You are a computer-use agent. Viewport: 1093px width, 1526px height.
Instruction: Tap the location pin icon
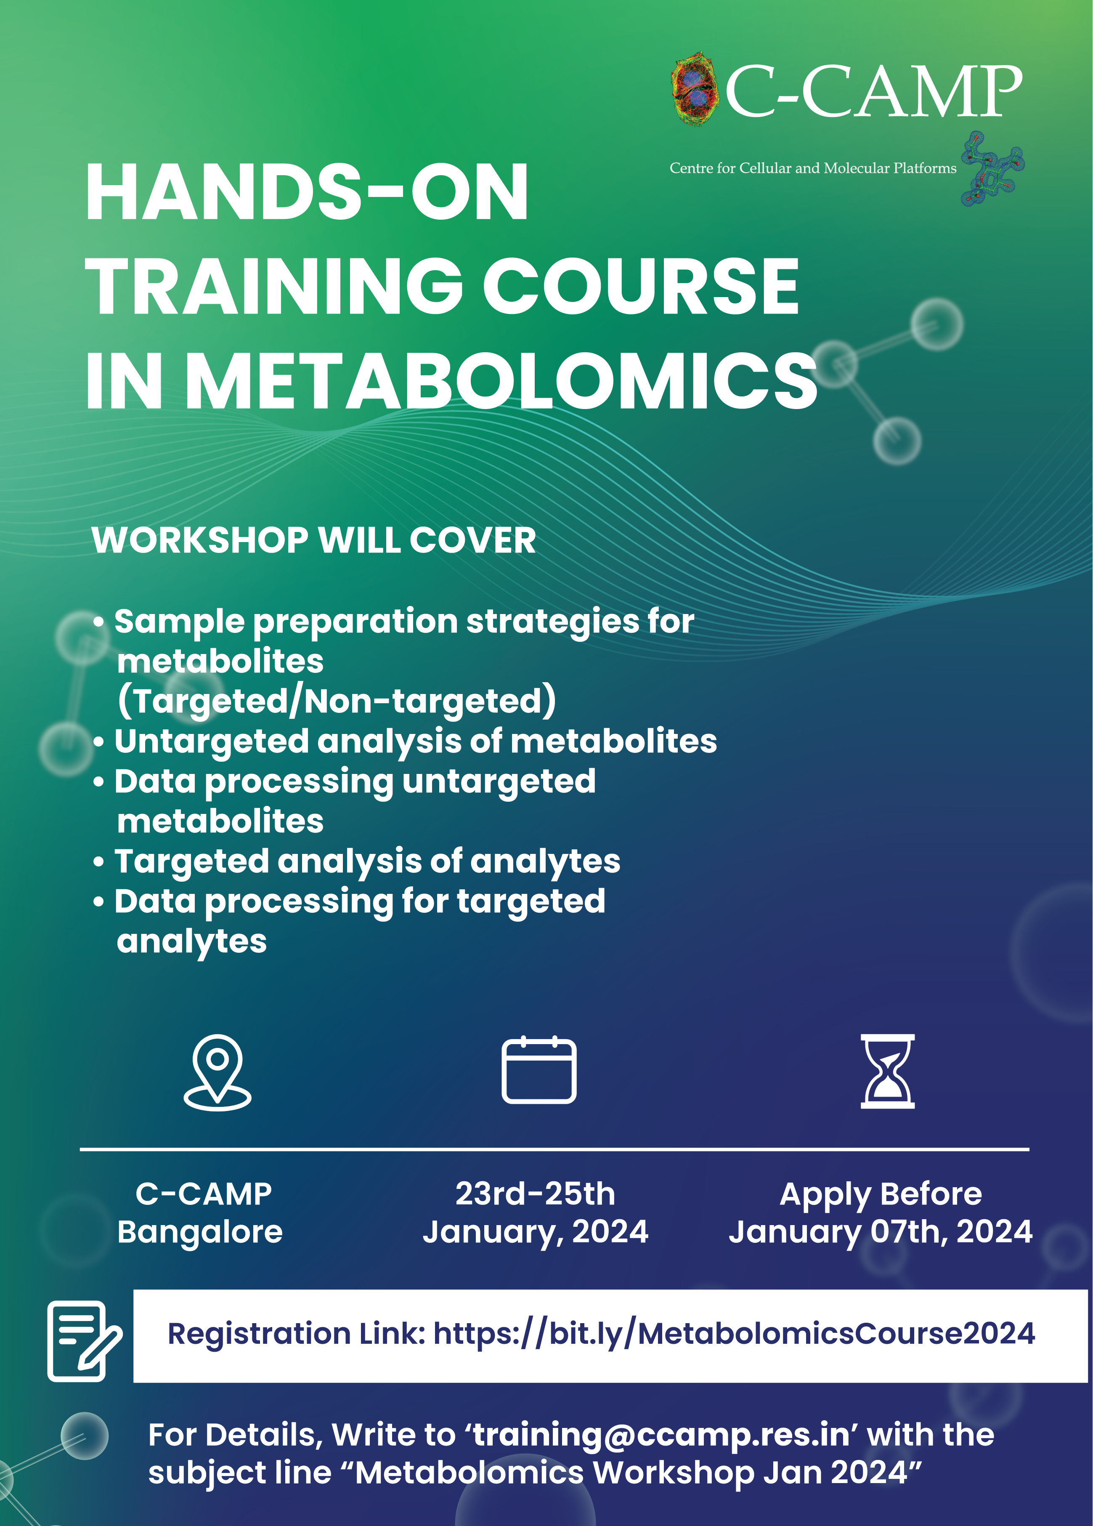[x=217, y=1072]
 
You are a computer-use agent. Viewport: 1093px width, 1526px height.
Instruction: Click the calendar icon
[x=539, y=1070]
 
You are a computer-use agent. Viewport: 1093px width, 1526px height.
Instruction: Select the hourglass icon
[x=887, y=1071]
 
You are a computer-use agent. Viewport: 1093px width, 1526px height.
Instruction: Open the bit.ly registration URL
[x=734, y=1334]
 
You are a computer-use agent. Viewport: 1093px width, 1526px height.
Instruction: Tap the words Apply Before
[x=881, y=1195]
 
